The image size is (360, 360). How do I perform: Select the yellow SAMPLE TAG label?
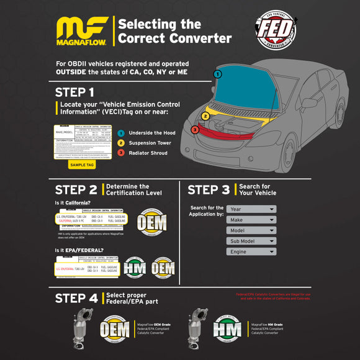pyautogui.click(x=81, y=164)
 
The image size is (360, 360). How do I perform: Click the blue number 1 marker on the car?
pyautogui.click(x=217, y=74)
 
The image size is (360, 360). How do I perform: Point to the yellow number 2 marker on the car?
pyautogui.click(x=205, y=115)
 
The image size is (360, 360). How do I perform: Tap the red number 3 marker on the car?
pyautogui.click(x=194, y=130)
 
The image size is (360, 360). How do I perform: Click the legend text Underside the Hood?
pyautogui.click(x=151, y=133)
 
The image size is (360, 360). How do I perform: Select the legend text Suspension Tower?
pyautogui.click(x=150, y=143)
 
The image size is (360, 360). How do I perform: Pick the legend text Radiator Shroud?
pyautogui.click(x=148, y=153)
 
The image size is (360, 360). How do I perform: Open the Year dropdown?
pyautogui.click(x=251, y=209)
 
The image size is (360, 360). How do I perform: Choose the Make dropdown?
pyautogui.click(x=251, y=220)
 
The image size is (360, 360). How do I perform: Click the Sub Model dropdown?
pyautogui.click(x=251, y=241)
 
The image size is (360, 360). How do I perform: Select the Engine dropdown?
pyautogui.click(x=251, y=251)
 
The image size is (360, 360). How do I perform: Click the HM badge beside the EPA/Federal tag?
pyautogui.click(x=135, y=268)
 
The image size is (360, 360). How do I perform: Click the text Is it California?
pyautogui.click(x=72, y=204)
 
